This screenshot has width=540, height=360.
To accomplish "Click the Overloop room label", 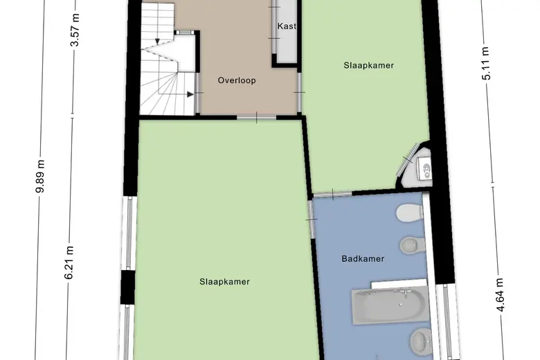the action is click(x=237, y=80).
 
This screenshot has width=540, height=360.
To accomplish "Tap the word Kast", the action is click(x=287, y=26).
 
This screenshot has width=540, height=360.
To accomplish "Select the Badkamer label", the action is click(x=363, y=259).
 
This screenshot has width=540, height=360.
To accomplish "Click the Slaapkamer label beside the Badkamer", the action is click(x=224, y=282).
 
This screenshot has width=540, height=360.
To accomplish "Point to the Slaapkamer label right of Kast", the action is click(x=368, y=66).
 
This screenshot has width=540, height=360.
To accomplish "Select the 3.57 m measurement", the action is click(x=75, y=30).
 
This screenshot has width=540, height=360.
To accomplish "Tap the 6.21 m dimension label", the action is click(x=69, y=262).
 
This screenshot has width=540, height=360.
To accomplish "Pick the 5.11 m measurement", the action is click(x=485, y=64).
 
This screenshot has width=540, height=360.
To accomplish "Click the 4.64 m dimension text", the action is click(x=501, y=294).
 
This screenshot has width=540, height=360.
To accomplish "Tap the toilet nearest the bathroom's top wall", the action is click(x=410, y=213).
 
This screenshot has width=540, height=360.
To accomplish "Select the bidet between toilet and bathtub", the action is click(x=413, y=245).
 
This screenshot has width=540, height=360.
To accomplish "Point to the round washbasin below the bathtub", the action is click(x=421, y=341).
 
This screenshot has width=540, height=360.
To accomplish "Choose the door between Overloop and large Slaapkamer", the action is click(x=257, y=118).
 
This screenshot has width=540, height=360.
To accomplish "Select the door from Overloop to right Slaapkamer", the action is click(x=299, y=92).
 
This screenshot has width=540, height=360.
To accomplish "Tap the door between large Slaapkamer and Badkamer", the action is click(x=312, y=219).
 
